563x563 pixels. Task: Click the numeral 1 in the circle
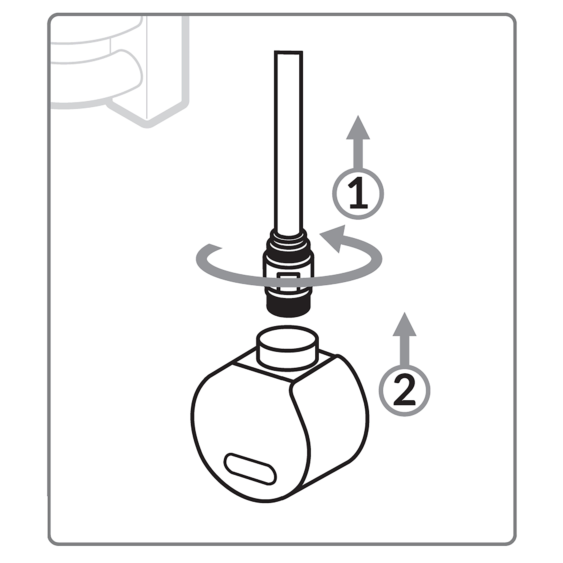(358, 194)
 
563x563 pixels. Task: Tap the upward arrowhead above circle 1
(358, 127)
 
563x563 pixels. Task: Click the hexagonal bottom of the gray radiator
(147, 112)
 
